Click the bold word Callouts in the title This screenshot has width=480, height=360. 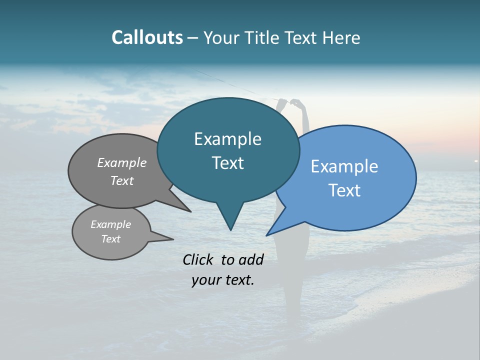[x=147, y=37]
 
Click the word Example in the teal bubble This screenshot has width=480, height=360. [x=227, y=139]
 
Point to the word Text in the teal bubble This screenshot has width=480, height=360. [x=227, y=162]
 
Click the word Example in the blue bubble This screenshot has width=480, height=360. [x=344, y=166]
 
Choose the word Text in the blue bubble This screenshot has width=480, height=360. [x=344, y=190]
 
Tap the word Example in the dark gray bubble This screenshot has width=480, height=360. [x=122, y=162]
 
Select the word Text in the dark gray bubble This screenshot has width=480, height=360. [x=122, y=180]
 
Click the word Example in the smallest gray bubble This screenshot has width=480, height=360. [x=110, y=224]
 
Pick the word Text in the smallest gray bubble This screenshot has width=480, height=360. [x=110, y=239]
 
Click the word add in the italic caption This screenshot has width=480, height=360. [x=250, y=259]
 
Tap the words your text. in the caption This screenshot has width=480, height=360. [x=223, y=280]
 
